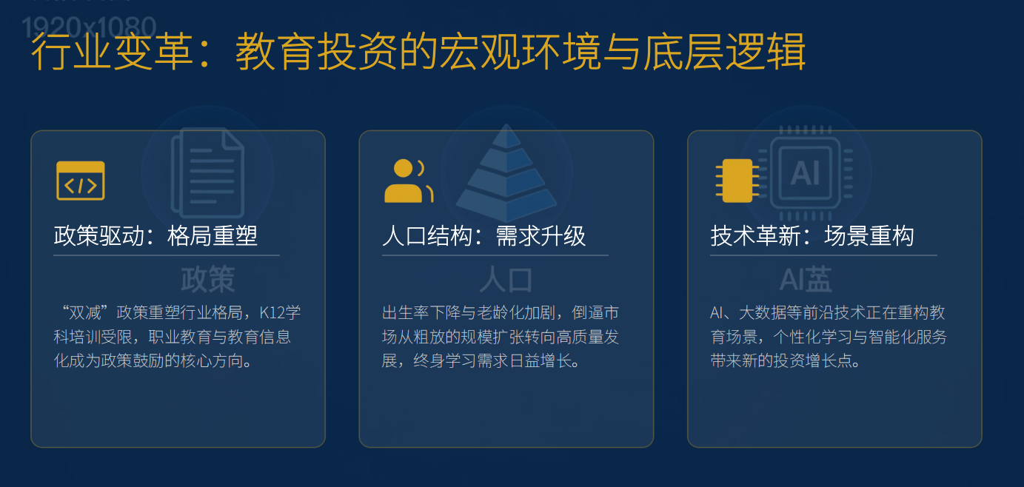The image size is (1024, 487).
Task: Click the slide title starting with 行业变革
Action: pos(418,53)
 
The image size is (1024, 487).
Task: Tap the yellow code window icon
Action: pos(81,181)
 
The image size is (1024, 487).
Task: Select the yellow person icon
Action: pos(406,181)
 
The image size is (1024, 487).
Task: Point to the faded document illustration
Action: pos(207,172)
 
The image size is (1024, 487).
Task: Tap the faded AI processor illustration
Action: pos(806,172)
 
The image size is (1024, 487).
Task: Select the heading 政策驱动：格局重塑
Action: pos(155,236)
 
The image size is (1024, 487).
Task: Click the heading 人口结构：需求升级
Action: pos(484,236)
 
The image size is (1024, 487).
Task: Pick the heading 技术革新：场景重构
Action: pos(812,236)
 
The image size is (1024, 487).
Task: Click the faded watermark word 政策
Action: pos(208,280)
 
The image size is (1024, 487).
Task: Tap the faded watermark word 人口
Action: pos(506,280)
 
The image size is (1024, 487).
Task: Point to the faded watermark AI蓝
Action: pos(806,280)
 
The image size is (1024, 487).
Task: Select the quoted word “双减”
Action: pos(81,313)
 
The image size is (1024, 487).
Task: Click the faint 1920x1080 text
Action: pos(90,28)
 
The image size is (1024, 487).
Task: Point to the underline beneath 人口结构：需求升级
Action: pos(495,255)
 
